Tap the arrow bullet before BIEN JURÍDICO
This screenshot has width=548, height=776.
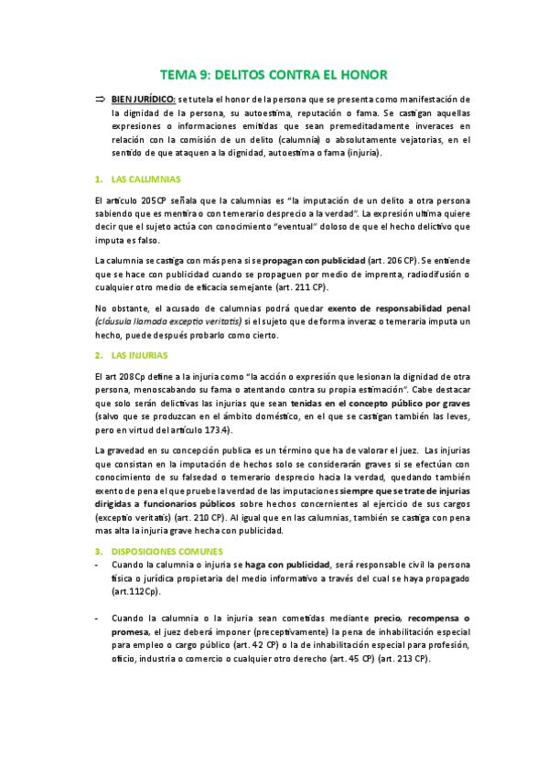pyautogui.click(x=100, y=98)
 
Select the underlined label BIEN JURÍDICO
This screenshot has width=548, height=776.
pyautogui.click(x=143, y=98)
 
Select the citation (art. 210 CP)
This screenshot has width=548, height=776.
pyautogui.click(x=196, y=517)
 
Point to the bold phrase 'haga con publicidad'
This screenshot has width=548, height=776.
pyautogui.click(x=287, y=566)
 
